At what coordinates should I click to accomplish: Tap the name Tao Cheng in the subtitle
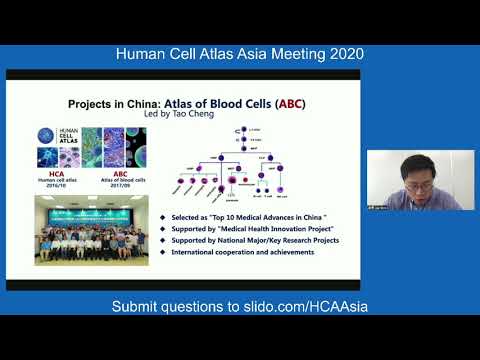tap(192, 115)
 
